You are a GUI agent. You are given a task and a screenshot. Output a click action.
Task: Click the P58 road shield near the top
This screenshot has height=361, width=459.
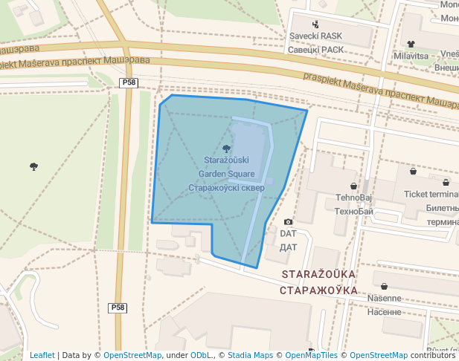[x=129, y=83]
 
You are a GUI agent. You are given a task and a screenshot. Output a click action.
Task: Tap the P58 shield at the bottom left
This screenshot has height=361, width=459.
[x=118, y=308]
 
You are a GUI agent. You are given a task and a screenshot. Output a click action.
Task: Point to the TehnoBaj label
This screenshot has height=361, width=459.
[x=353, y=198]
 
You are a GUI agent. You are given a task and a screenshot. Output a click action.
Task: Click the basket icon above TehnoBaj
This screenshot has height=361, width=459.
[x=353, y=186]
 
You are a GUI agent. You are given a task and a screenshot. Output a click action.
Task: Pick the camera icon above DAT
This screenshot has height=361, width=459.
[x=289, y=222]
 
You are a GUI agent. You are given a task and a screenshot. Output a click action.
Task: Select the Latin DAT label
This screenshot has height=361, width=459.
[x=289, y=233]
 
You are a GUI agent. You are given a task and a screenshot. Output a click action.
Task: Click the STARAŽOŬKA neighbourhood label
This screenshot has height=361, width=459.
[x=318, y=274]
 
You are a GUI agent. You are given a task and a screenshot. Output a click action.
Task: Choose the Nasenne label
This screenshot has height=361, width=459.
[x=384, y=299]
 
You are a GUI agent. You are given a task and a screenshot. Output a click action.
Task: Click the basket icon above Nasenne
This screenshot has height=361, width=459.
[x=384, y=287]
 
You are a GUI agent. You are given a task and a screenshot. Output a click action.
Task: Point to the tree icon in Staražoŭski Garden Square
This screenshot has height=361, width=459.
[x=227, y=149]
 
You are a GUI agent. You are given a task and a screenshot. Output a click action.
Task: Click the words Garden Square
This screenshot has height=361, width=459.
[x=226, y=174]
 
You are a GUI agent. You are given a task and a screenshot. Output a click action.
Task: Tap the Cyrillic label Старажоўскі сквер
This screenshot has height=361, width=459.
[x=226, y=188]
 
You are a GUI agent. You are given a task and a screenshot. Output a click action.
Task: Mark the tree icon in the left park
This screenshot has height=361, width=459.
[x=33, y=166]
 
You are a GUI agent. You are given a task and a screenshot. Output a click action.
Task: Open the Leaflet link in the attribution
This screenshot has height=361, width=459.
[x=42, y=356]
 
